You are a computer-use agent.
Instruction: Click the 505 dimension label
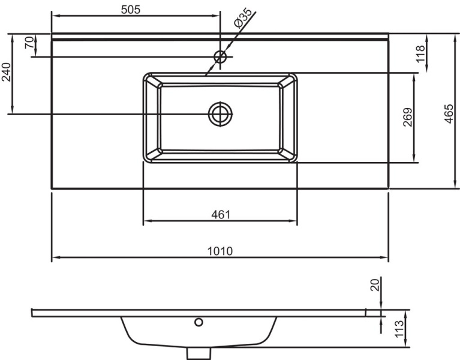pos(131,10)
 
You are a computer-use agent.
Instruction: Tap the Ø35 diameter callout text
pos(243,18)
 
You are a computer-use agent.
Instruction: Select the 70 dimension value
pos(29,43)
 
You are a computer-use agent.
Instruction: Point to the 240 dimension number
pos(6,72)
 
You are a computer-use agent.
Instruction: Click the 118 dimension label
pos(420,53)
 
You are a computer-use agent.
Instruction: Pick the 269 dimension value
pos(407,117)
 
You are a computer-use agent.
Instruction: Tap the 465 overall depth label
pos(449,114)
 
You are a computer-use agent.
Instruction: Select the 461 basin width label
pos(221,215)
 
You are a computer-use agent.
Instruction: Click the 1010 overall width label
pos(220,251)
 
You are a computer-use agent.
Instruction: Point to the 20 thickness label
pos(375,285)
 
